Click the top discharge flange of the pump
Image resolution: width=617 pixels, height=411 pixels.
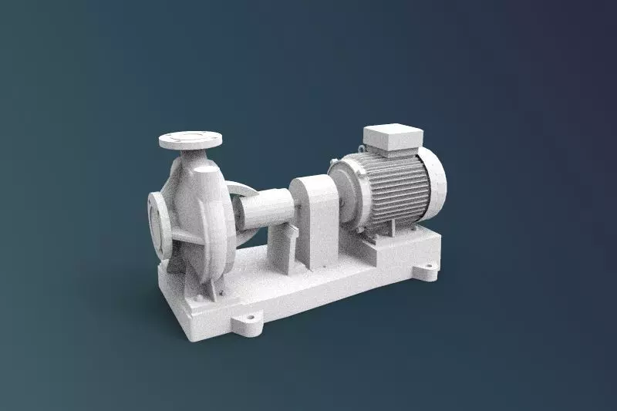click(x=190, y=140)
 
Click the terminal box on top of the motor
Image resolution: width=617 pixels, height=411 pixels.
click(x=392, y=139)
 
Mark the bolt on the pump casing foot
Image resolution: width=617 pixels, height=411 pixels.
click(x=221, y=292)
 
